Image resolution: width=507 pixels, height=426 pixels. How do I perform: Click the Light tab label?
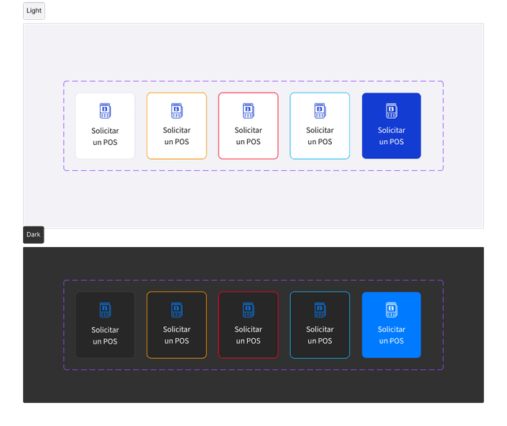click(x=34, y=10)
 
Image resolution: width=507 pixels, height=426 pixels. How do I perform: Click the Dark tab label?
click(x=33, y=234)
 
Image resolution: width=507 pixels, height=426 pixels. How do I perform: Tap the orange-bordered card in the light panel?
click(x=177, y=126)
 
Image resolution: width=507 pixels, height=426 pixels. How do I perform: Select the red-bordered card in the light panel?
click(x=248, y=126)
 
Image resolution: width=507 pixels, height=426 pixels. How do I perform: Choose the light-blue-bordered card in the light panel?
click(x=320, y=126)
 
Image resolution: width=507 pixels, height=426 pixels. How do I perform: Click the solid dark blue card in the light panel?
click(x=391, y=126)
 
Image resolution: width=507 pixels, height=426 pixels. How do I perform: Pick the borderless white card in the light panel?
click(x=105, y=126)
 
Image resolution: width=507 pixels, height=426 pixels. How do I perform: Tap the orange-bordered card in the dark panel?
click(x=177, y=325)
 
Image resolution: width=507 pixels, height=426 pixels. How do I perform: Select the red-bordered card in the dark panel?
click(x=248, y=325)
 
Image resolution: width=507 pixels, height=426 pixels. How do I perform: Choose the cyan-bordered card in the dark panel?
click(x=320, y=325)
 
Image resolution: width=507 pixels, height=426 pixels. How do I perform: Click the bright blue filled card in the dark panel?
click(x=391, y=325)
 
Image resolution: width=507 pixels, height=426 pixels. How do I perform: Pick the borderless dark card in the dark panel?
click(x=105, y=325)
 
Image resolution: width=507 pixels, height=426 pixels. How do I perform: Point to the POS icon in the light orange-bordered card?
click(x=177, y=111)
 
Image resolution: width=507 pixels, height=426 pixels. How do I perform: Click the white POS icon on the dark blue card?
click(x=391, y=111)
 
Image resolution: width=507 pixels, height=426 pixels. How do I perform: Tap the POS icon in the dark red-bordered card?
click(x=249, y=310)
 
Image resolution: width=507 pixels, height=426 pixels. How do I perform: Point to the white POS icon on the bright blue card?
click(x=391, y=310)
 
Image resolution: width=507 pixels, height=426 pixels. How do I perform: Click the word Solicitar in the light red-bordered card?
click(x=248, y=131)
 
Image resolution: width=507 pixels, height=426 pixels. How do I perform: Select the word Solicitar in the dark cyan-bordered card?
click(x=320, y=329)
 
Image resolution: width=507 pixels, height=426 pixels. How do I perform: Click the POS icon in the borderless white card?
click(x=105, y=111)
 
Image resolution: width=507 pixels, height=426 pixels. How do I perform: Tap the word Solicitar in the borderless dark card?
click(x=105, y=330)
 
